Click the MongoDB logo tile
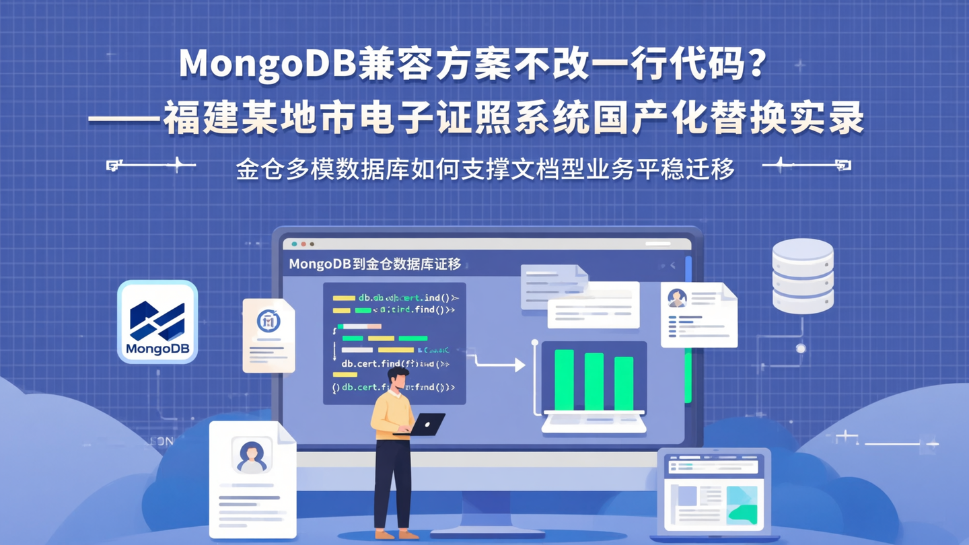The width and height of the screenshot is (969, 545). tap(157, 322)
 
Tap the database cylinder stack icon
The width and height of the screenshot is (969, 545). tap(802, 276)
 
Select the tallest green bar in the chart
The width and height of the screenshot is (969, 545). tap(564, 379)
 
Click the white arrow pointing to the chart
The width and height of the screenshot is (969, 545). tap(498, 364)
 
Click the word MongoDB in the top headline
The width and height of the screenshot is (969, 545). tap(268, 64)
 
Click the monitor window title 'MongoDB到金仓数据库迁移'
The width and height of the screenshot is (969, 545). tap(375, 264)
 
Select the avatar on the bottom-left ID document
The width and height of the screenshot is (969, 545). tap(252, 455)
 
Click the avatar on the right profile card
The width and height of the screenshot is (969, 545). tap(677, 298)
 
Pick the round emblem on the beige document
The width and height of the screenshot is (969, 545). tap(268, 321)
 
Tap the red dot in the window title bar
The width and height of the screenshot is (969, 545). tap(303, 244)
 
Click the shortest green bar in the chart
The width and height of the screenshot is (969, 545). tap(624, 383)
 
